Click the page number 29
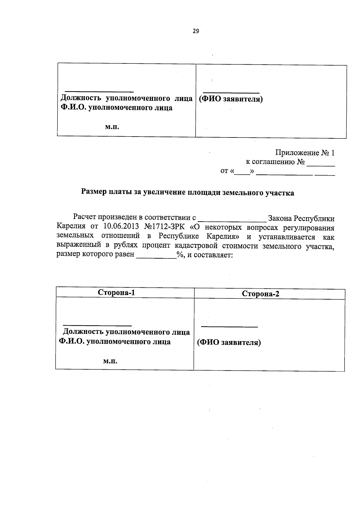196,31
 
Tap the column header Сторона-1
116,293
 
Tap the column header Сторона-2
261,294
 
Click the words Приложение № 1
305,153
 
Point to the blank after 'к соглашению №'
321,164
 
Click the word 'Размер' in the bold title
94,192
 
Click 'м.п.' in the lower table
110,361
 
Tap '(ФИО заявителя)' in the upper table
231,99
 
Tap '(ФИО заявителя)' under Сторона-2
229,343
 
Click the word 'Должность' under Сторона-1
81,332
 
